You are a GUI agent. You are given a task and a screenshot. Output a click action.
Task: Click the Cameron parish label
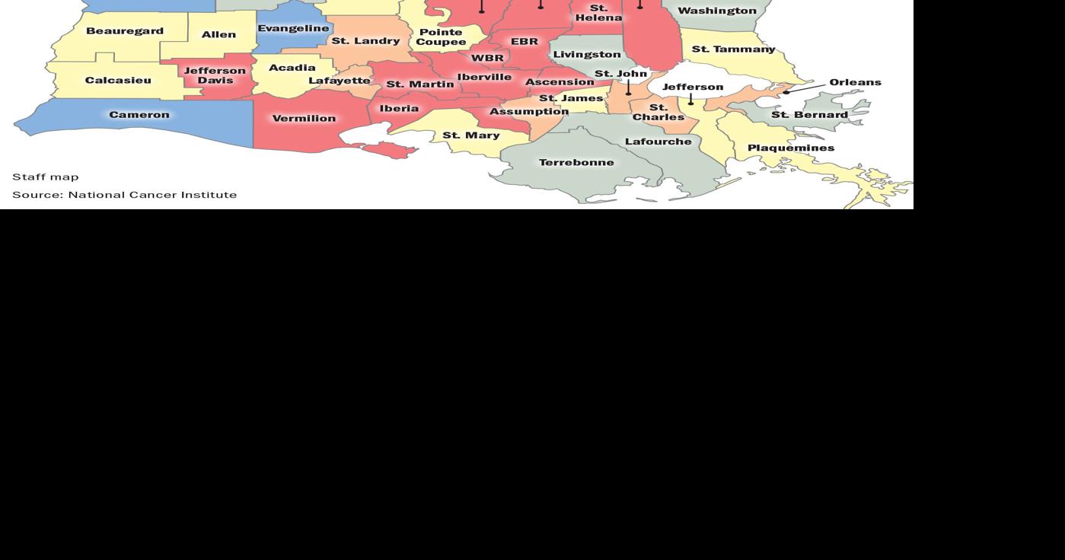point(139,115)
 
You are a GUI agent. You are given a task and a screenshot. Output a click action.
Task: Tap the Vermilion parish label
point(304,118)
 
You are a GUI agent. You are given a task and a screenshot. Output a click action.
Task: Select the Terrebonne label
point(576,162)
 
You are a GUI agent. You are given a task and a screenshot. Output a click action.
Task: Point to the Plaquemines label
point(791,148)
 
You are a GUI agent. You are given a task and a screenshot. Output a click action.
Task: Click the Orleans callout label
point(855,82)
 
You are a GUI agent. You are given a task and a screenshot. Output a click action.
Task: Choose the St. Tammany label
point(733,49)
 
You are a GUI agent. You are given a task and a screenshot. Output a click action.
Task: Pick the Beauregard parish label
point(125,31)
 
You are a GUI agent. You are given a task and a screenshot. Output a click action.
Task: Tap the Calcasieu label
point(118,80)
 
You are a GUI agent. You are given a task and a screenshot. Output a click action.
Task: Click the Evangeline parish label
point(293,28)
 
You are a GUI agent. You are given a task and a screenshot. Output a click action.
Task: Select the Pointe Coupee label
point(441,37)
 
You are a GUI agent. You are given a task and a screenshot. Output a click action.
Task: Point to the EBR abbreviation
point(525,41)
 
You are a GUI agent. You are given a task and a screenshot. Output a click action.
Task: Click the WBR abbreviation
point(487,58)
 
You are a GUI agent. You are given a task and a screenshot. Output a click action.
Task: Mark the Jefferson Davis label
point(215,75)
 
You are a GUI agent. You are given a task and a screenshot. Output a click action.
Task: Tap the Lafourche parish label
point(658,142)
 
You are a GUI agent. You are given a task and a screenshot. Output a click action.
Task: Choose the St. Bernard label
point(809,115)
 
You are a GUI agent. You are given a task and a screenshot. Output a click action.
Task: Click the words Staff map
point(46,177)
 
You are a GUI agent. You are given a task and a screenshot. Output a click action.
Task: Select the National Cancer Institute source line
point(124,195)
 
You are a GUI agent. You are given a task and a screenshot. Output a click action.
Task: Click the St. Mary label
point(471,135)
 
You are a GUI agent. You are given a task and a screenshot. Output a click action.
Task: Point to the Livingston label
point(587,54)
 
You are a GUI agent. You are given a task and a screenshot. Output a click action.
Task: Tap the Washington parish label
point(717,11)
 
